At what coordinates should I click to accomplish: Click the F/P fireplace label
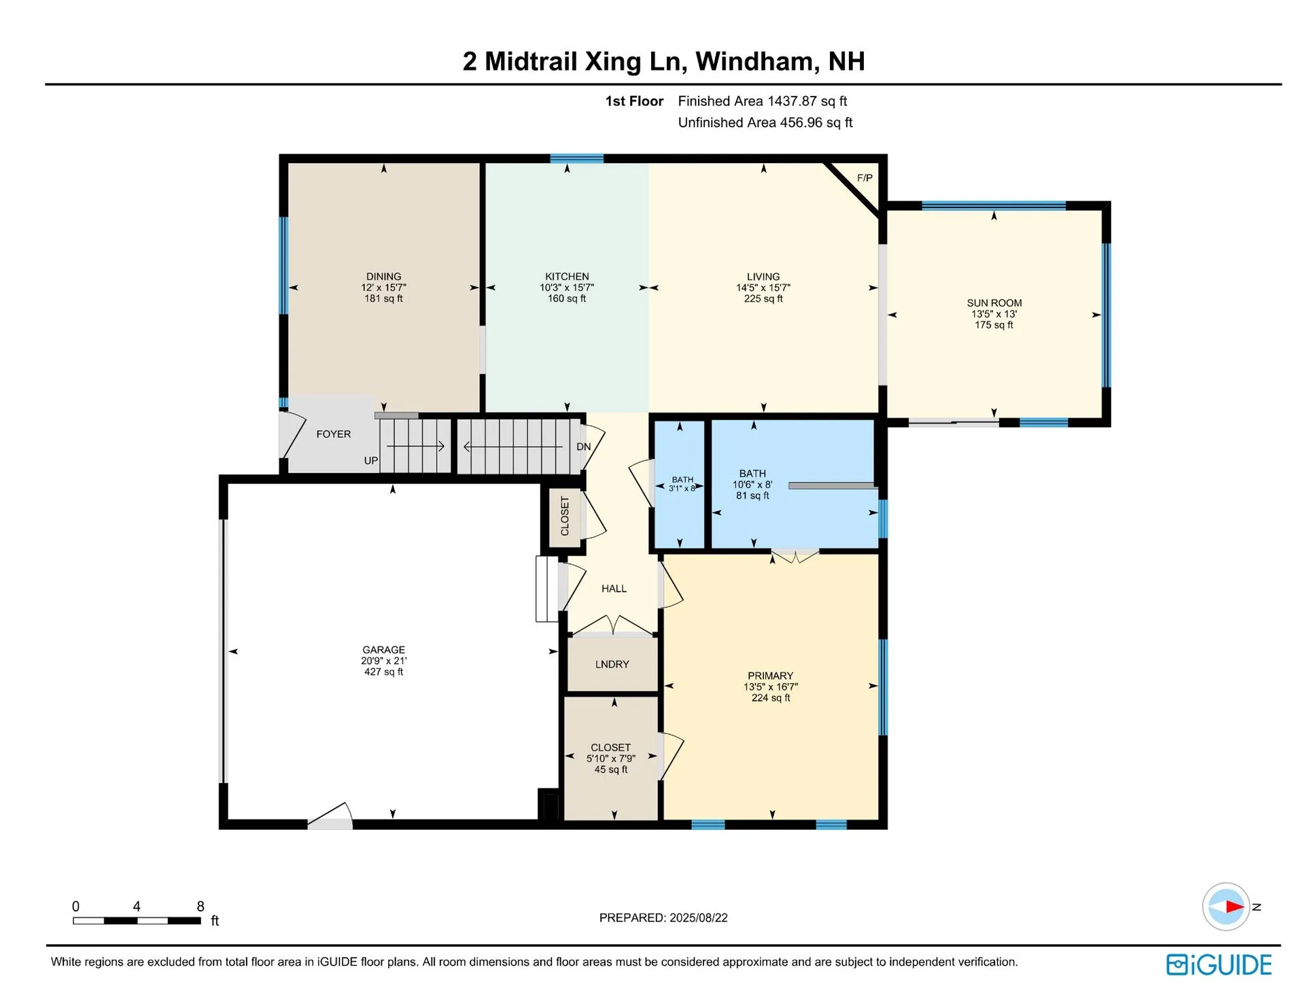[865, 178]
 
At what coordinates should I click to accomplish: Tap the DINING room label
[383, 277]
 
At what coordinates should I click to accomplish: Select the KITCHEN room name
[567, 277]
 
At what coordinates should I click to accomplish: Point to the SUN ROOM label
[994, 303]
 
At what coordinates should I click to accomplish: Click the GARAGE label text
[383, 650]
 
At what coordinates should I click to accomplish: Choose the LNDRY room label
[612, 664]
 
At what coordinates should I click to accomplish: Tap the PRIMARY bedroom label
[770, 676]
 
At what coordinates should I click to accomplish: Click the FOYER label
[334, 434]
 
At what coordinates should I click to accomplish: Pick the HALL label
[614, 589]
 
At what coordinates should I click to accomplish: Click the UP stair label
[370, 460]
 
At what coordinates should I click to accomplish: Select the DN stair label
[583, 447]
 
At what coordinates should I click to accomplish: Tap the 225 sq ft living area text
[763, 298]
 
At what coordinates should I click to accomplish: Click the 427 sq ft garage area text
[383, 672]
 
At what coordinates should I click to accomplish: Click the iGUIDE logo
[1219, 964]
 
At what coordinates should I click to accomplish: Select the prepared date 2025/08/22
[698, 918]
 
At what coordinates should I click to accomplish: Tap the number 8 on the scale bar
[201, 906]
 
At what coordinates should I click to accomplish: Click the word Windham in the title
[754, 61]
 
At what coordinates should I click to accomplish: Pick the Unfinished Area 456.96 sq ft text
[765, 122]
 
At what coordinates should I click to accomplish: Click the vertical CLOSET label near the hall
[565, 516]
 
